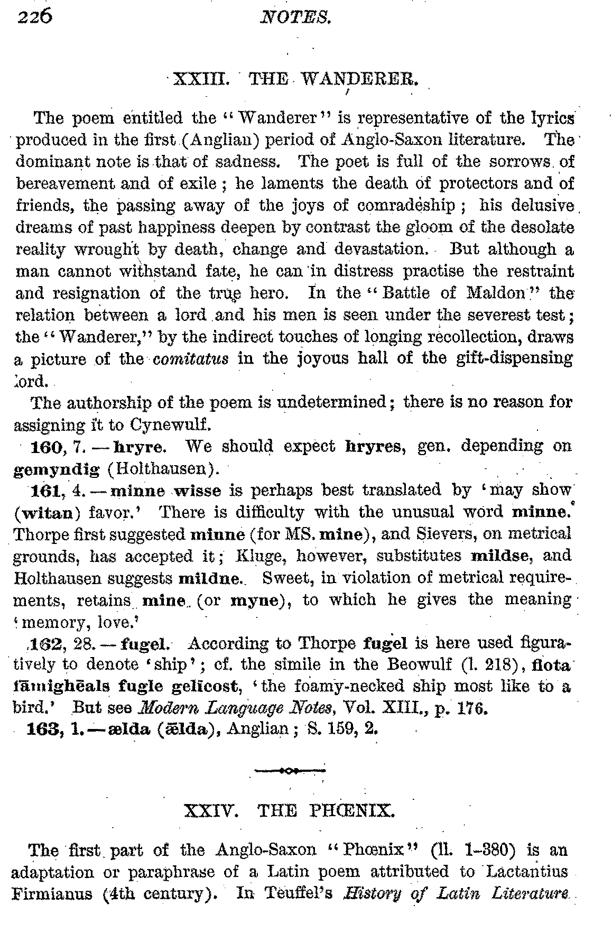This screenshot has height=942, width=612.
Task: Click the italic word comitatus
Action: point(191,359)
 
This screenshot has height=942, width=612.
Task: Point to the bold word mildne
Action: point(210,578)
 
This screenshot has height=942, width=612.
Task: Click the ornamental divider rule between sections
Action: point(290,770)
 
